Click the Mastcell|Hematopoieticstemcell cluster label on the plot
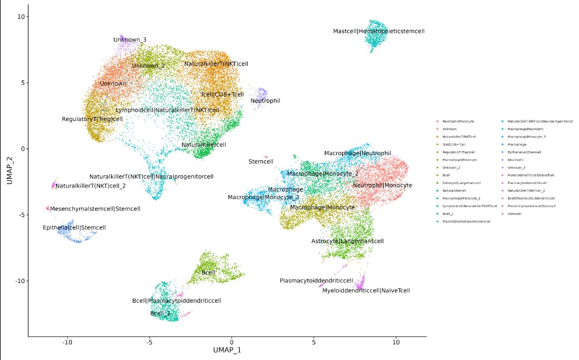[x=379, y=31]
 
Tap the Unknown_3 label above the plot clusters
[x=130, y=40]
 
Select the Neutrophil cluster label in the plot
[x=265, y=101]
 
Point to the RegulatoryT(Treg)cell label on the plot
[x=93, y=119]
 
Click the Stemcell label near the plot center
[x=261, y=161]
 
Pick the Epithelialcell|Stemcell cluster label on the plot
[x=75, y=227]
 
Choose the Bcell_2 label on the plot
[x=160, y=313]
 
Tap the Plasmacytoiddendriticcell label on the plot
[x=316, y=281]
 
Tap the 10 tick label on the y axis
[x=19, y=16]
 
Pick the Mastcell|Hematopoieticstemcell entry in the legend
[x=467, y=221]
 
